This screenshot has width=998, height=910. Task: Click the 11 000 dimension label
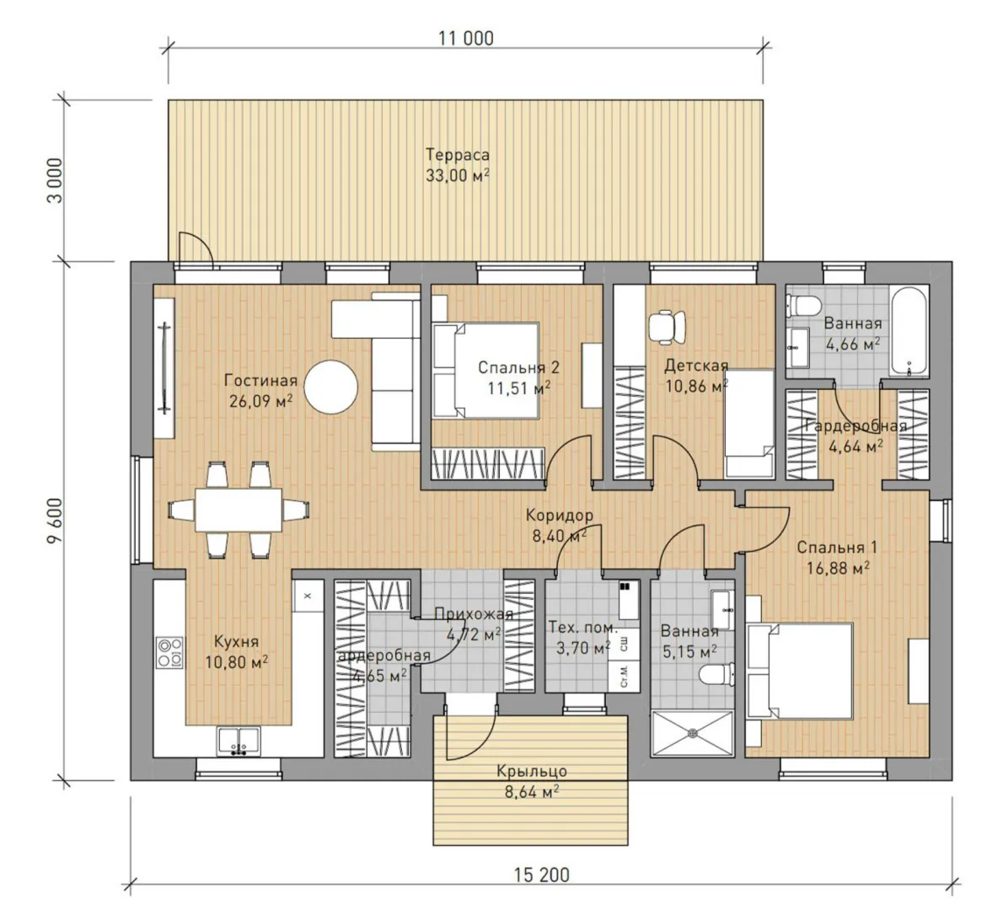point(465,38)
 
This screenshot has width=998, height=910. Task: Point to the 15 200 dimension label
point(542,875)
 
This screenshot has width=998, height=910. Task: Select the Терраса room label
point(458,155)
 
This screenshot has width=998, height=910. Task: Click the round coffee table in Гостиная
point(331,387)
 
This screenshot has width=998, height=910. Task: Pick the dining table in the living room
point(239,510)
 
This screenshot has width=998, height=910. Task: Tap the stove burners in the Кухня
point(169,652)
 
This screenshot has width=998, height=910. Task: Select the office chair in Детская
point(668,326)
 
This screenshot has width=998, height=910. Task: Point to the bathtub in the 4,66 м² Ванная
point(910,331)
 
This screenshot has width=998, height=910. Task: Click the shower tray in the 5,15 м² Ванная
point(693,733)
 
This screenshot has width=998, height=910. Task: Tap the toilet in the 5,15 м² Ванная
point(716,675)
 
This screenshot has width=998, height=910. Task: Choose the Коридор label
point(560,516)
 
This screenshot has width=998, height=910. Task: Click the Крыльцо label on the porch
point(532,772)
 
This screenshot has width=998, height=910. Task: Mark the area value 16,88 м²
point(838,568)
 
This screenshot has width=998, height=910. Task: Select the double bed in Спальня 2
point(486,371)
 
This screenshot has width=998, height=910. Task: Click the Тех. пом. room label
point(583,628)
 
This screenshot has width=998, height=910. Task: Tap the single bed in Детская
point(750,423)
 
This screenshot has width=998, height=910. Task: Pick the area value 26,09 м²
point(260,401)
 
